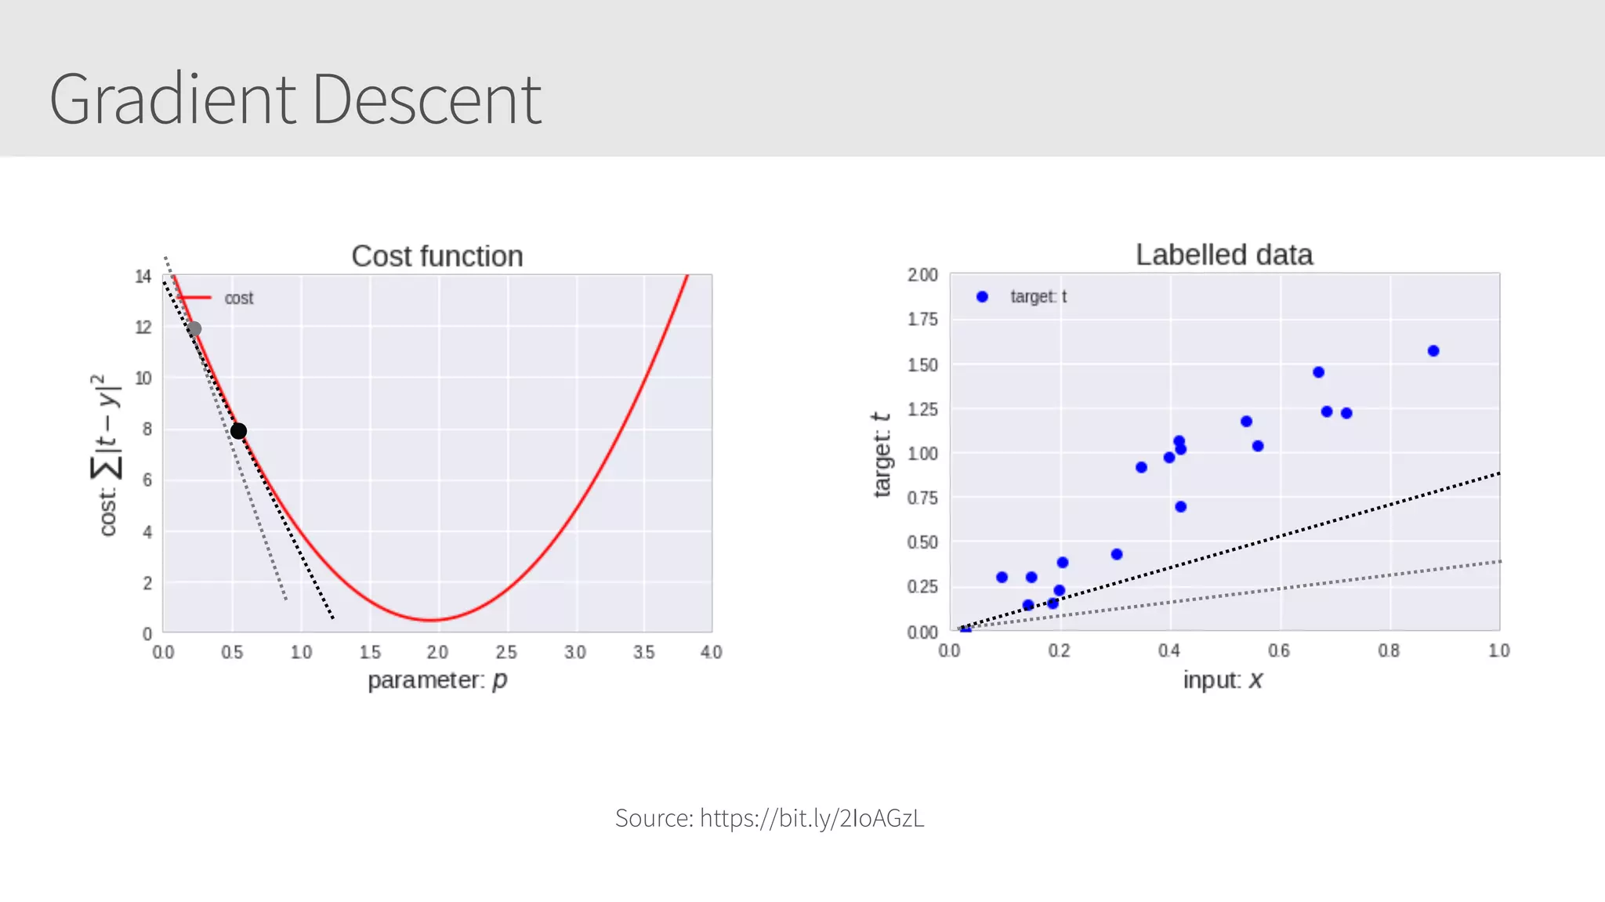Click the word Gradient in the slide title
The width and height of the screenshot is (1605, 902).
(172, 100)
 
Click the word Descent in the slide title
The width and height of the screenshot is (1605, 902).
(426, 100)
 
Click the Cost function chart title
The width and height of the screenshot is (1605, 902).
(437, 256)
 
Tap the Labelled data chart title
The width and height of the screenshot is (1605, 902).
(1223, 255)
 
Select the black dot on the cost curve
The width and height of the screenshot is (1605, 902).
(239, 431)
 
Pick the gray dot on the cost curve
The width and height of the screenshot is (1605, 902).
(194, 329)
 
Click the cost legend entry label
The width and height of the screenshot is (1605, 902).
(238, 298)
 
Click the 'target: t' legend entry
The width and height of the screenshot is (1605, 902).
(1038, 296)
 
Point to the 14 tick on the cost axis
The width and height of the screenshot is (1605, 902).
(143, 276)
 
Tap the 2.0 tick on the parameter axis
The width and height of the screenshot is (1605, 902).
(437, 652)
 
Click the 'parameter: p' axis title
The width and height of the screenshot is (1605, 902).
(437, 679)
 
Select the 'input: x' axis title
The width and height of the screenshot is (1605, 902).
(1223, 679)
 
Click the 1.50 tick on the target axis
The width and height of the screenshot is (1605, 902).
(922, 364)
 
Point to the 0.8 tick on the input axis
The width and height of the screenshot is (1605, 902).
(1389, 650)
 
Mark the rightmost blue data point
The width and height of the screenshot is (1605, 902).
(1433, 351)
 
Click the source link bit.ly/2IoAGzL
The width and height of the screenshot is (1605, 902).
(811, 818)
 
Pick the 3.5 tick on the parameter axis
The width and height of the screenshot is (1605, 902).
(643, 652)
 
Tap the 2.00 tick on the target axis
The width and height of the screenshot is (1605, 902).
(922, 275)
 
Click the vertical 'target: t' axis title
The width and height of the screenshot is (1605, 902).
(882, 455)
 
